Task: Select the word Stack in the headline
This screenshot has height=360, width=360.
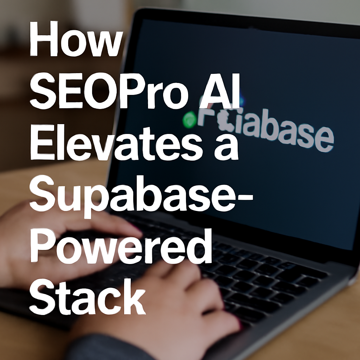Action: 89,298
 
